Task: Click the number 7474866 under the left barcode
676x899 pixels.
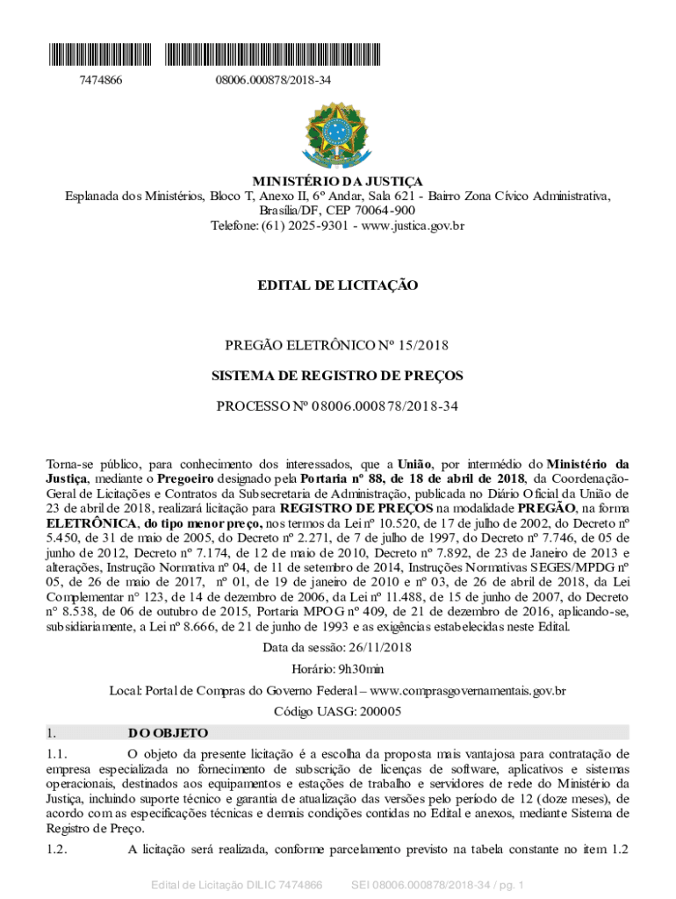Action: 101,81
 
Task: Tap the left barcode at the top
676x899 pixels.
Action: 100,54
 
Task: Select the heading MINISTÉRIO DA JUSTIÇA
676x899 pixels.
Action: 338,181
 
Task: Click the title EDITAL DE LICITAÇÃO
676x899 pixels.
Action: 338,285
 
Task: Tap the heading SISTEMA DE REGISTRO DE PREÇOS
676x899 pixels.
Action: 338,376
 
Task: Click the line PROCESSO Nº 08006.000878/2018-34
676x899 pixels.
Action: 338,406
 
